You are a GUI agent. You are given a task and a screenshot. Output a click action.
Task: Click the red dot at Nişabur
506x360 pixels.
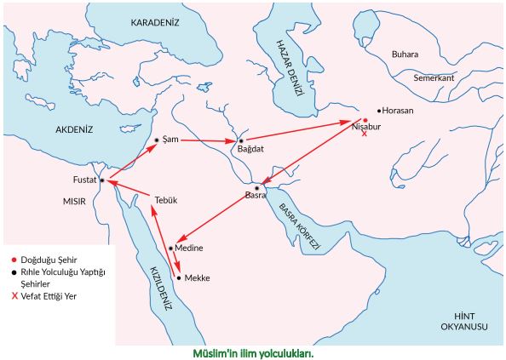click(x=365, y=119)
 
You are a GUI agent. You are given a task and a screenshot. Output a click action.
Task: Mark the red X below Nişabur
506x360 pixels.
click(x=365, y=134)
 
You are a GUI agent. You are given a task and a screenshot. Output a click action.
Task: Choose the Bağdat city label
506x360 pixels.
click(x=251, y=149)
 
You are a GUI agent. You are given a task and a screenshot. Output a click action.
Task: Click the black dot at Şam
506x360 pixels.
click(x=157, y=140)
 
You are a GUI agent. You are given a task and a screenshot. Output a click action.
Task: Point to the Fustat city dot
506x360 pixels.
click(x=101, y=180)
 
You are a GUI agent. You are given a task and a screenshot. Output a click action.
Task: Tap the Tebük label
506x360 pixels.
click(x=164, y=200)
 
